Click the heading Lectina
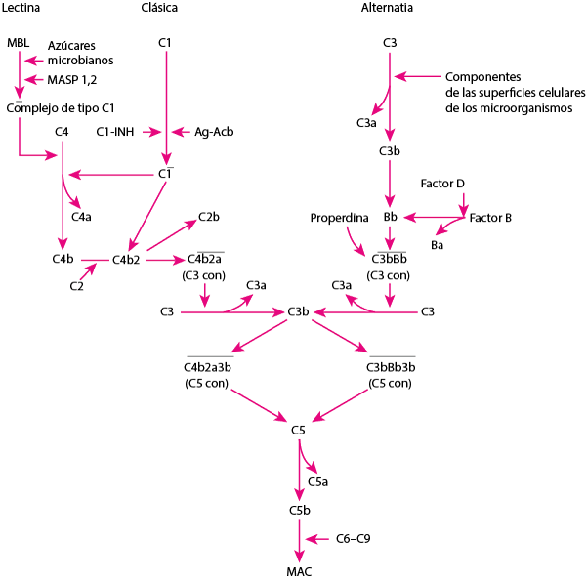coord(21,9)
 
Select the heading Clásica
coord(165,9)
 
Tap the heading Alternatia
coord(388,9)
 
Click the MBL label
coord(18,43)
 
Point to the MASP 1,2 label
coord(72,79)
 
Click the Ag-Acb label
coord(214,131)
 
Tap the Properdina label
coord(338,216)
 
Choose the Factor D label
coord(442,184)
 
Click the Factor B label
coord(490,216)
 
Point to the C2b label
coord(209,216)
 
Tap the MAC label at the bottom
coord(299,571)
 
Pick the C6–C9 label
coord(353,538)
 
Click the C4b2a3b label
coord(209,367)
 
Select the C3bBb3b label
coord(391,367)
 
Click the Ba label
coord(438,244)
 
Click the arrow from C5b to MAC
coord(299,538)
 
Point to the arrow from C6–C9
coord(318,538)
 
